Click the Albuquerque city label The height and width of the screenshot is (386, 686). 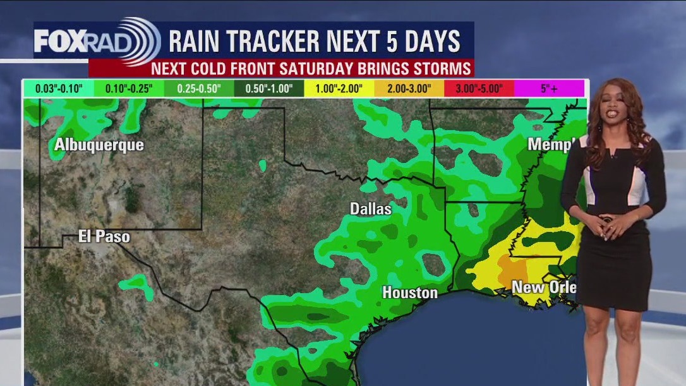pyautogui.click(x=99, y=145)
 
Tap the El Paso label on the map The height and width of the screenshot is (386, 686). pyautogui.click(x=104, y=237)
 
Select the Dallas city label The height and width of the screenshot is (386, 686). pyautogui.click(x=371, y=208)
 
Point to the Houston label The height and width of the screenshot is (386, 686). pyautogui.click(x=409, y=293)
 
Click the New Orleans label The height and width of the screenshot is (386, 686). pyautogui.click(x=544, y=287)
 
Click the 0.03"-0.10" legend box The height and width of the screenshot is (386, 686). pyautogui.click(x=59, y=88)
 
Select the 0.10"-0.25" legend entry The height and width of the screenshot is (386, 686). pyautogui.click(x=129, y=88)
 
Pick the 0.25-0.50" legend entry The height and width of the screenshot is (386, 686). pyautogui.click(x=198, y=88)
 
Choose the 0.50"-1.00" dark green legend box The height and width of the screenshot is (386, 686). pyautogui.click(x=268, y=88)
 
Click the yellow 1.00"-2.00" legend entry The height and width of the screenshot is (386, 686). pyautogui.click(x=339, y=88)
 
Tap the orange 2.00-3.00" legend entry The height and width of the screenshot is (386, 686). pyautogui.click(x=409, y=88)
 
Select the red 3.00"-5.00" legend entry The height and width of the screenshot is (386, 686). pyautogui.click(x=479, y=88)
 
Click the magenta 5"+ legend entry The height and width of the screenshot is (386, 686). pyautogui.click(x=549, y=88)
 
